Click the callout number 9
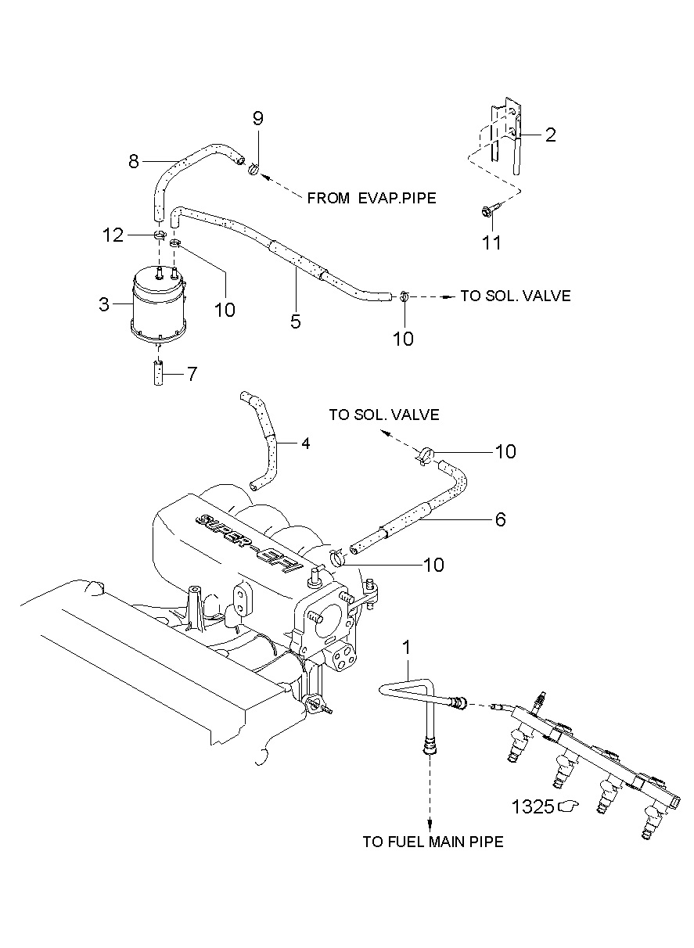[258, 118]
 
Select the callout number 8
[134, 161]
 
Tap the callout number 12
[113, 235]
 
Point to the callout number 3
[104, 304]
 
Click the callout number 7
[192, 374]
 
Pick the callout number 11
[492, 243]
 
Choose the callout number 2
[551, 135]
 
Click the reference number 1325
[533, 806]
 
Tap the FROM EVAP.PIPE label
[372, 198]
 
